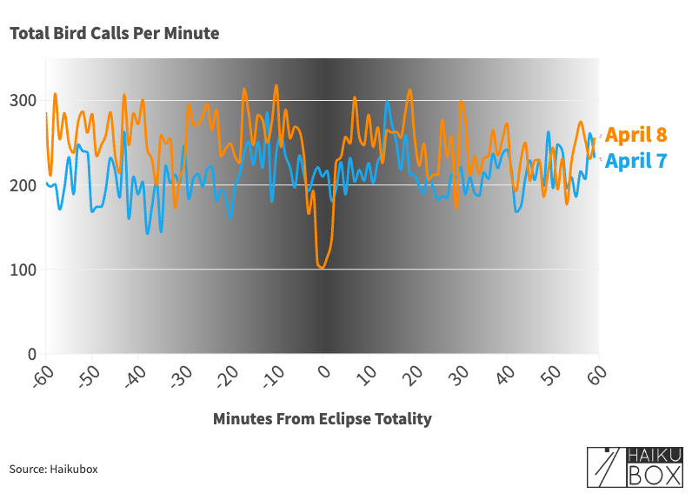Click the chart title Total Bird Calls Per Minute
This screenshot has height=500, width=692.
[114, 34]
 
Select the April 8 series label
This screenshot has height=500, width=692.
[636, 135]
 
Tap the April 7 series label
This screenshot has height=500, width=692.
[636, 161]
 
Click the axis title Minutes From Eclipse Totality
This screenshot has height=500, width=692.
[322, 419]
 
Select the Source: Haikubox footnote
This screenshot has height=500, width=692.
[54, 470]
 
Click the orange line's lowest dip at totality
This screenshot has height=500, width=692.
[322, 267]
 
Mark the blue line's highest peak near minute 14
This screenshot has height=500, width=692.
[387, 103]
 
